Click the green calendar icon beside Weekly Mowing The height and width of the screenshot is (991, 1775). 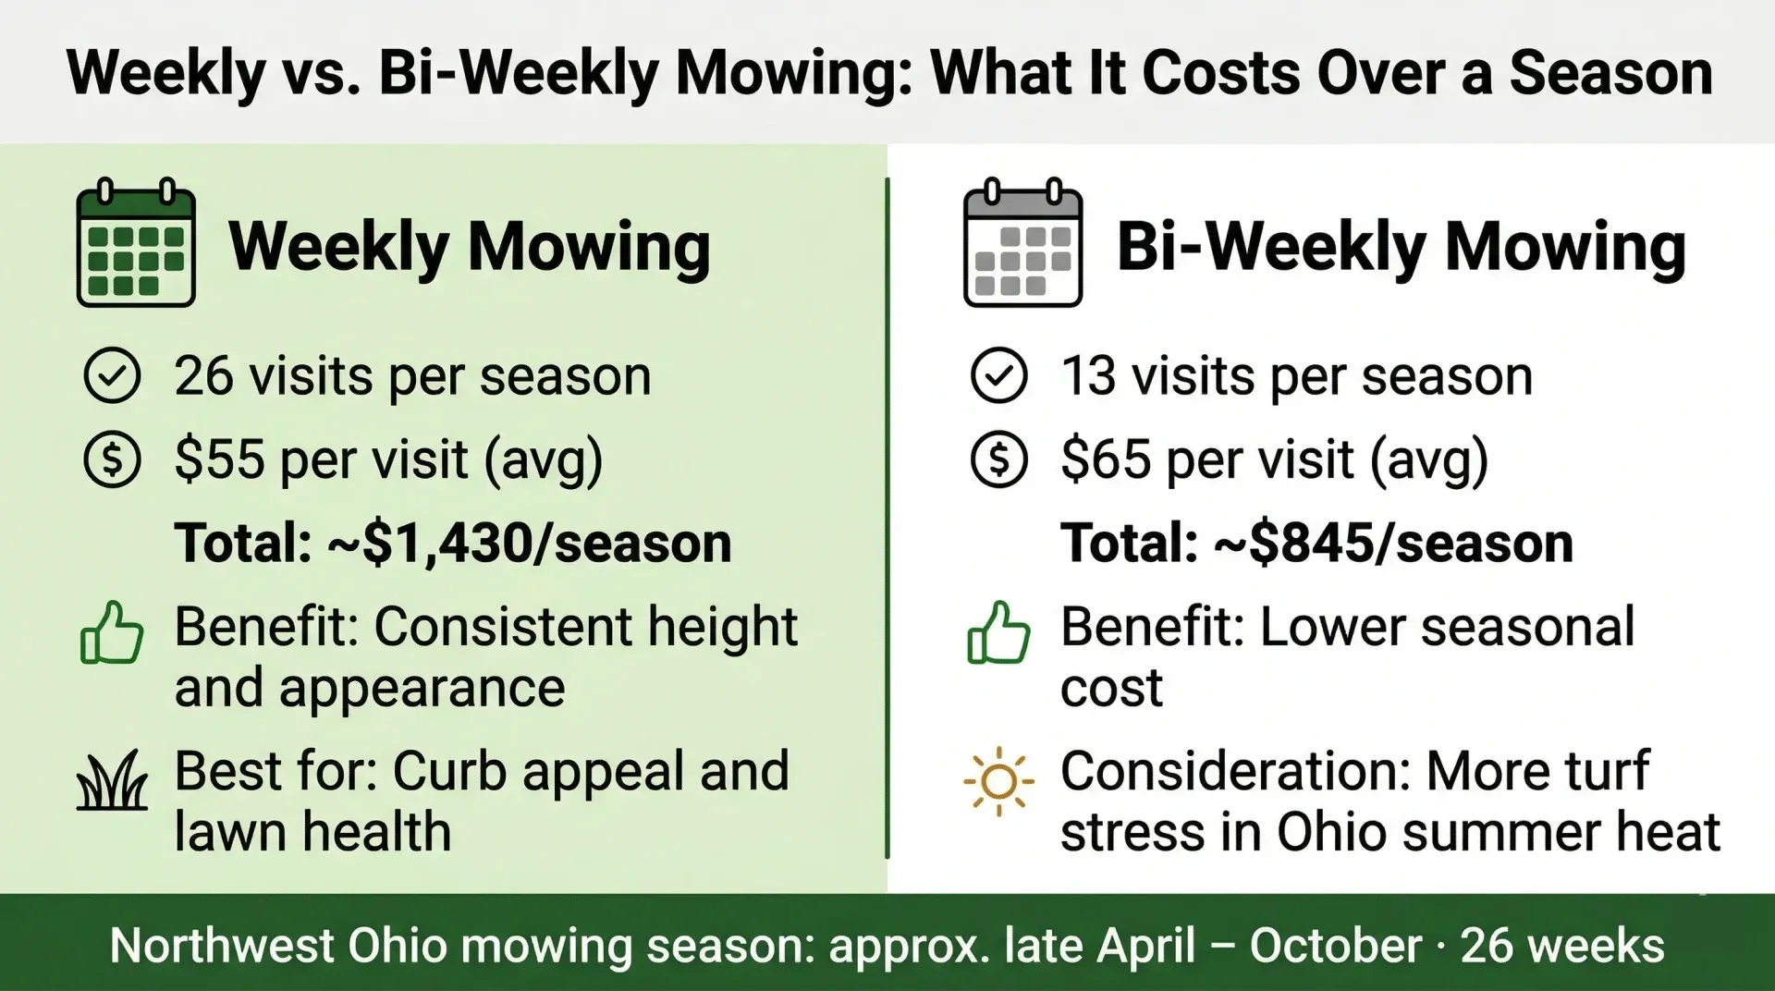136,242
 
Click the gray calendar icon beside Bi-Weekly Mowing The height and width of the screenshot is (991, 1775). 1022,243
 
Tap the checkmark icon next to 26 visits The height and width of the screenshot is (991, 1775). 112,375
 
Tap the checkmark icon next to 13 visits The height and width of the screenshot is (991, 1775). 999,375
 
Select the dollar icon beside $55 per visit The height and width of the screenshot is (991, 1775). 112,459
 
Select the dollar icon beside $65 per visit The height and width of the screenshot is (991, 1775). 999,459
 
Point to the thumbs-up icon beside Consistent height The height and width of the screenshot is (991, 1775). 112,632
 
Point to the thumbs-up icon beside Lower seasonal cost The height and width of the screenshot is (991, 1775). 998,632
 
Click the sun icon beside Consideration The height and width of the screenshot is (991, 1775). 998,782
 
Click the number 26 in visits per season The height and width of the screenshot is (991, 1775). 203,376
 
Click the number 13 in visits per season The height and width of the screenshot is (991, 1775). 1088,376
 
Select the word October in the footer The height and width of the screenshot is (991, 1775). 1336,946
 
